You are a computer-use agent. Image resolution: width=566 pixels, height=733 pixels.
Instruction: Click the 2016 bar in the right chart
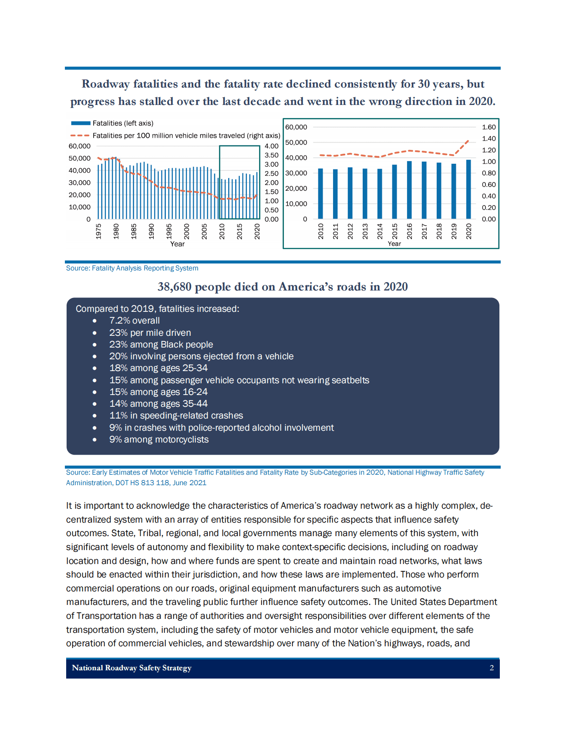(409, 190)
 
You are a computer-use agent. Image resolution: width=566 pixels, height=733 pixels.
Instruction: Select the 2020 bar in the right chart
(468, 189)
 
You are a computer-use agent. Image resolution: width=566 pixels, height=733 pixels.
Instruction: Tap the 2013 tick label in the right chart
(365, 231)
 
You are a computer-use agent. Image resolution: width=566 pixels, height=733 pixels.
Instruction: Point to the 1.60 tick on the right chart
(489, 127)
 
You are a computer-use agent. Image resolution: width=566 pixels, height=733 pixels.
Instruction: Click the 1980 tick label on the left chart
(116, 231)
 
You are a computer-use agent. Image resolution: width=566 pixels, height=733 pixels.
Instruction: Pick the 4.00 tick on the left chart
(271, 146)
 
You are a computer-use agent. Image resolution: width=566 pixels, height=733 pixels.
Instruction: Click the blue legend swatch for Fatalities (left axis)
(81, 123)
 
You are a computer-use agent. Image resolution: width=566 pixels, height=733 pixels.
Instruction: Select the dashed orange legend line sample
(80, 135)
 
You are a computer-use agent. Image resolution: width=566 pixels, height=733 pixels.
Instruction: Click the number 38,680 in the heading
(175, 287)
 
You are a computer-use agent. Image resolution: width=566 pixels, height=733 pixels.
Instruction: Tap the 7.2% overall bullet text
(134, 321)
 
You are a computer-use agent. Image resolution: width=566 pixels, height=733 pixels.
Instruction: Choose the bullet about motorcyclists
(158, 439)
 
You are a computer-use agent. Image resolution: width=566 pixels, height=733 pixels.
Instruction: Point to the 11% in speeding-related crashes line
(176, 415)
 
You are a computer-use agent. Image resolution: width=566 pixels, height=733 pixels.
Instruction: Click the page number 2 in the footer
(492, 668)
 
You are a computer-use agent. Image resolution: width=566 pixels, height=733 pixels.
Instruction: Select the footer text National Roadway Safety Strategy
(131, 668)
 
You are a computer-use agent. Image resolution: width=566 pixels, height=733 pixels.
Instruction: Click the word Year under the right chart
(394, 243)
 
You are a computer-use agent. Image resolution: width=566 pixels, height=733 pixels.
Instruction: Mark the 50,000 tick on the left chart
(79, 159)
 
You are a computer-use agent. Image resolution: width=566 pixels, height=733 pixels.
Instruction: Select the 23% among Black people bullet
(161, 345)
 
